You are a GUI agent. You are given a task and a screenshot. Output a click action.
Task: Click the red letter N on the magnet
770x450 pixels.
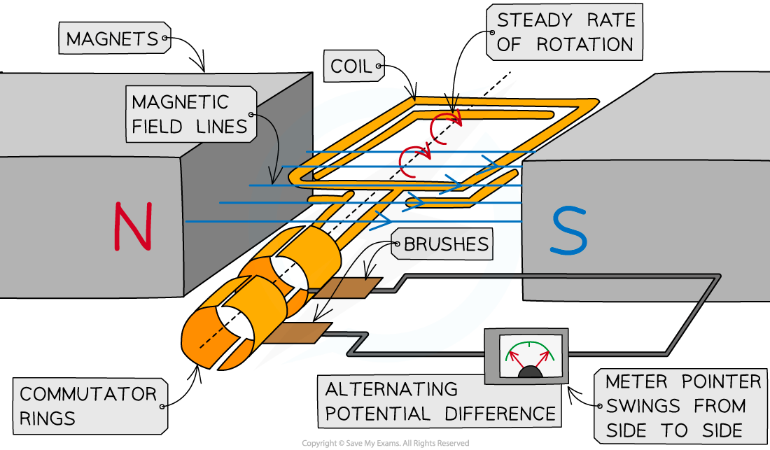pyautogui.click(x=132, y=226)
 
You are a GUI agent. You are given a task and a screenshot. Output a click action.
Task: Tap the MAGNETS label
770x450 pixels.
pyautogui.click(x=111, y=39)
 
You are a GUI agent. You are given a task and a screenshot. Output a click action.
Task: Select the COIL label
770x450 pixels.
pyautogui.click(x=351, y=67)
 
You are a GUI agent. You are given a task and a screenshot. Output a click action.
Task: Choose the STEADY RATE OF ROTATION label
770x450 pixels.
pyautogui.click(x=565, y=31)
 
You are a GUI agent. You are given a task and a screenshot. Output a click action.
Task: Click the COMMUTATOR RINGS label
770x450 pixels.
pyautogui.click(x=87, y=406)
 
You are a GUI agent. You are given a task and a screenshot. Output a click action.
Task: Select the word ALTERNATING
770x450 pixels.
pyautogui.click(x=391, y=389)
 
